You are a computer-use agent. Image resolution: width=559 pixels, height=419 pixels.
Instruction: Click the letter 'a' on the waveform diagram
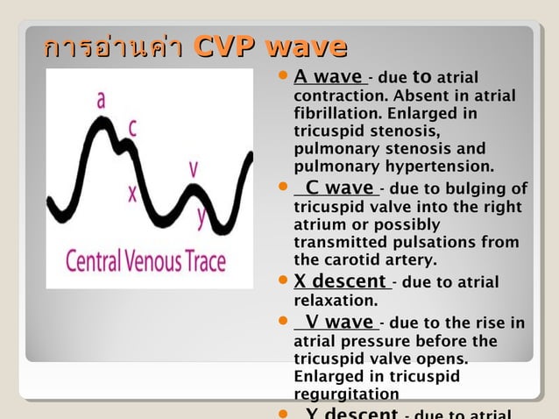tap(102, 101)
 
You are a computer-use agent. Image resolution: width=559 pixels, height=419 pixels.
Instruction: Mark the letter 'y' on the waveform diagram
tap(201, 216)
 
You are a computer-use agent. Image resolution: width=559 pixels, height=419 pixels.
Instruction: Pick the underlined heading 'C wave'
tap(338, 188)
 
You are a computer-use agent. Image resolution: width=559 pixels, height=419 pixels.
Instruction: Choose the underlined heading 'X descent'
tap(341, 281)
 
